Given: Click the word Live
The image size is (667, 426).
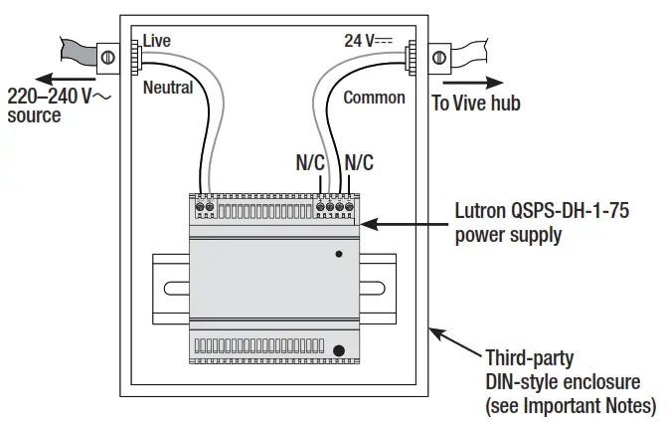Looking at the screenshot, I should pyautogui.click(x=157, y=40).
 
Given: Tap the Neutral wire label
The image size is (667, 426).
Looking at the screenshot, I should pyautogui.click(x=168, y=88).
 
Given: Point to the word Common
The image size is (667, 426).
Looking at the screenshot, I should pyautogui.click(x=374, y=98).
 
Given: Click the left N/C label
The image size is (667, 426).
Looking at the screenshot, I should pyautogui.click(x=310, y=162).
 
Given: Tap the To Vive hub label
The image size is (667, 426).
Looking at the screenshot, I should pyautogui.click(x=475, y=103).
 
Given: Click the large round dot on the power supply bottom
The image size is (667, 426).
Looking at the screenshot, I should pyautogui.click(x=340, y=350).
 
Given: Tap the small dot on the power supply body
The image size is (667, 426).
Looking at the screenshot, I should pyautogui.click(x=338, y=254).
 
